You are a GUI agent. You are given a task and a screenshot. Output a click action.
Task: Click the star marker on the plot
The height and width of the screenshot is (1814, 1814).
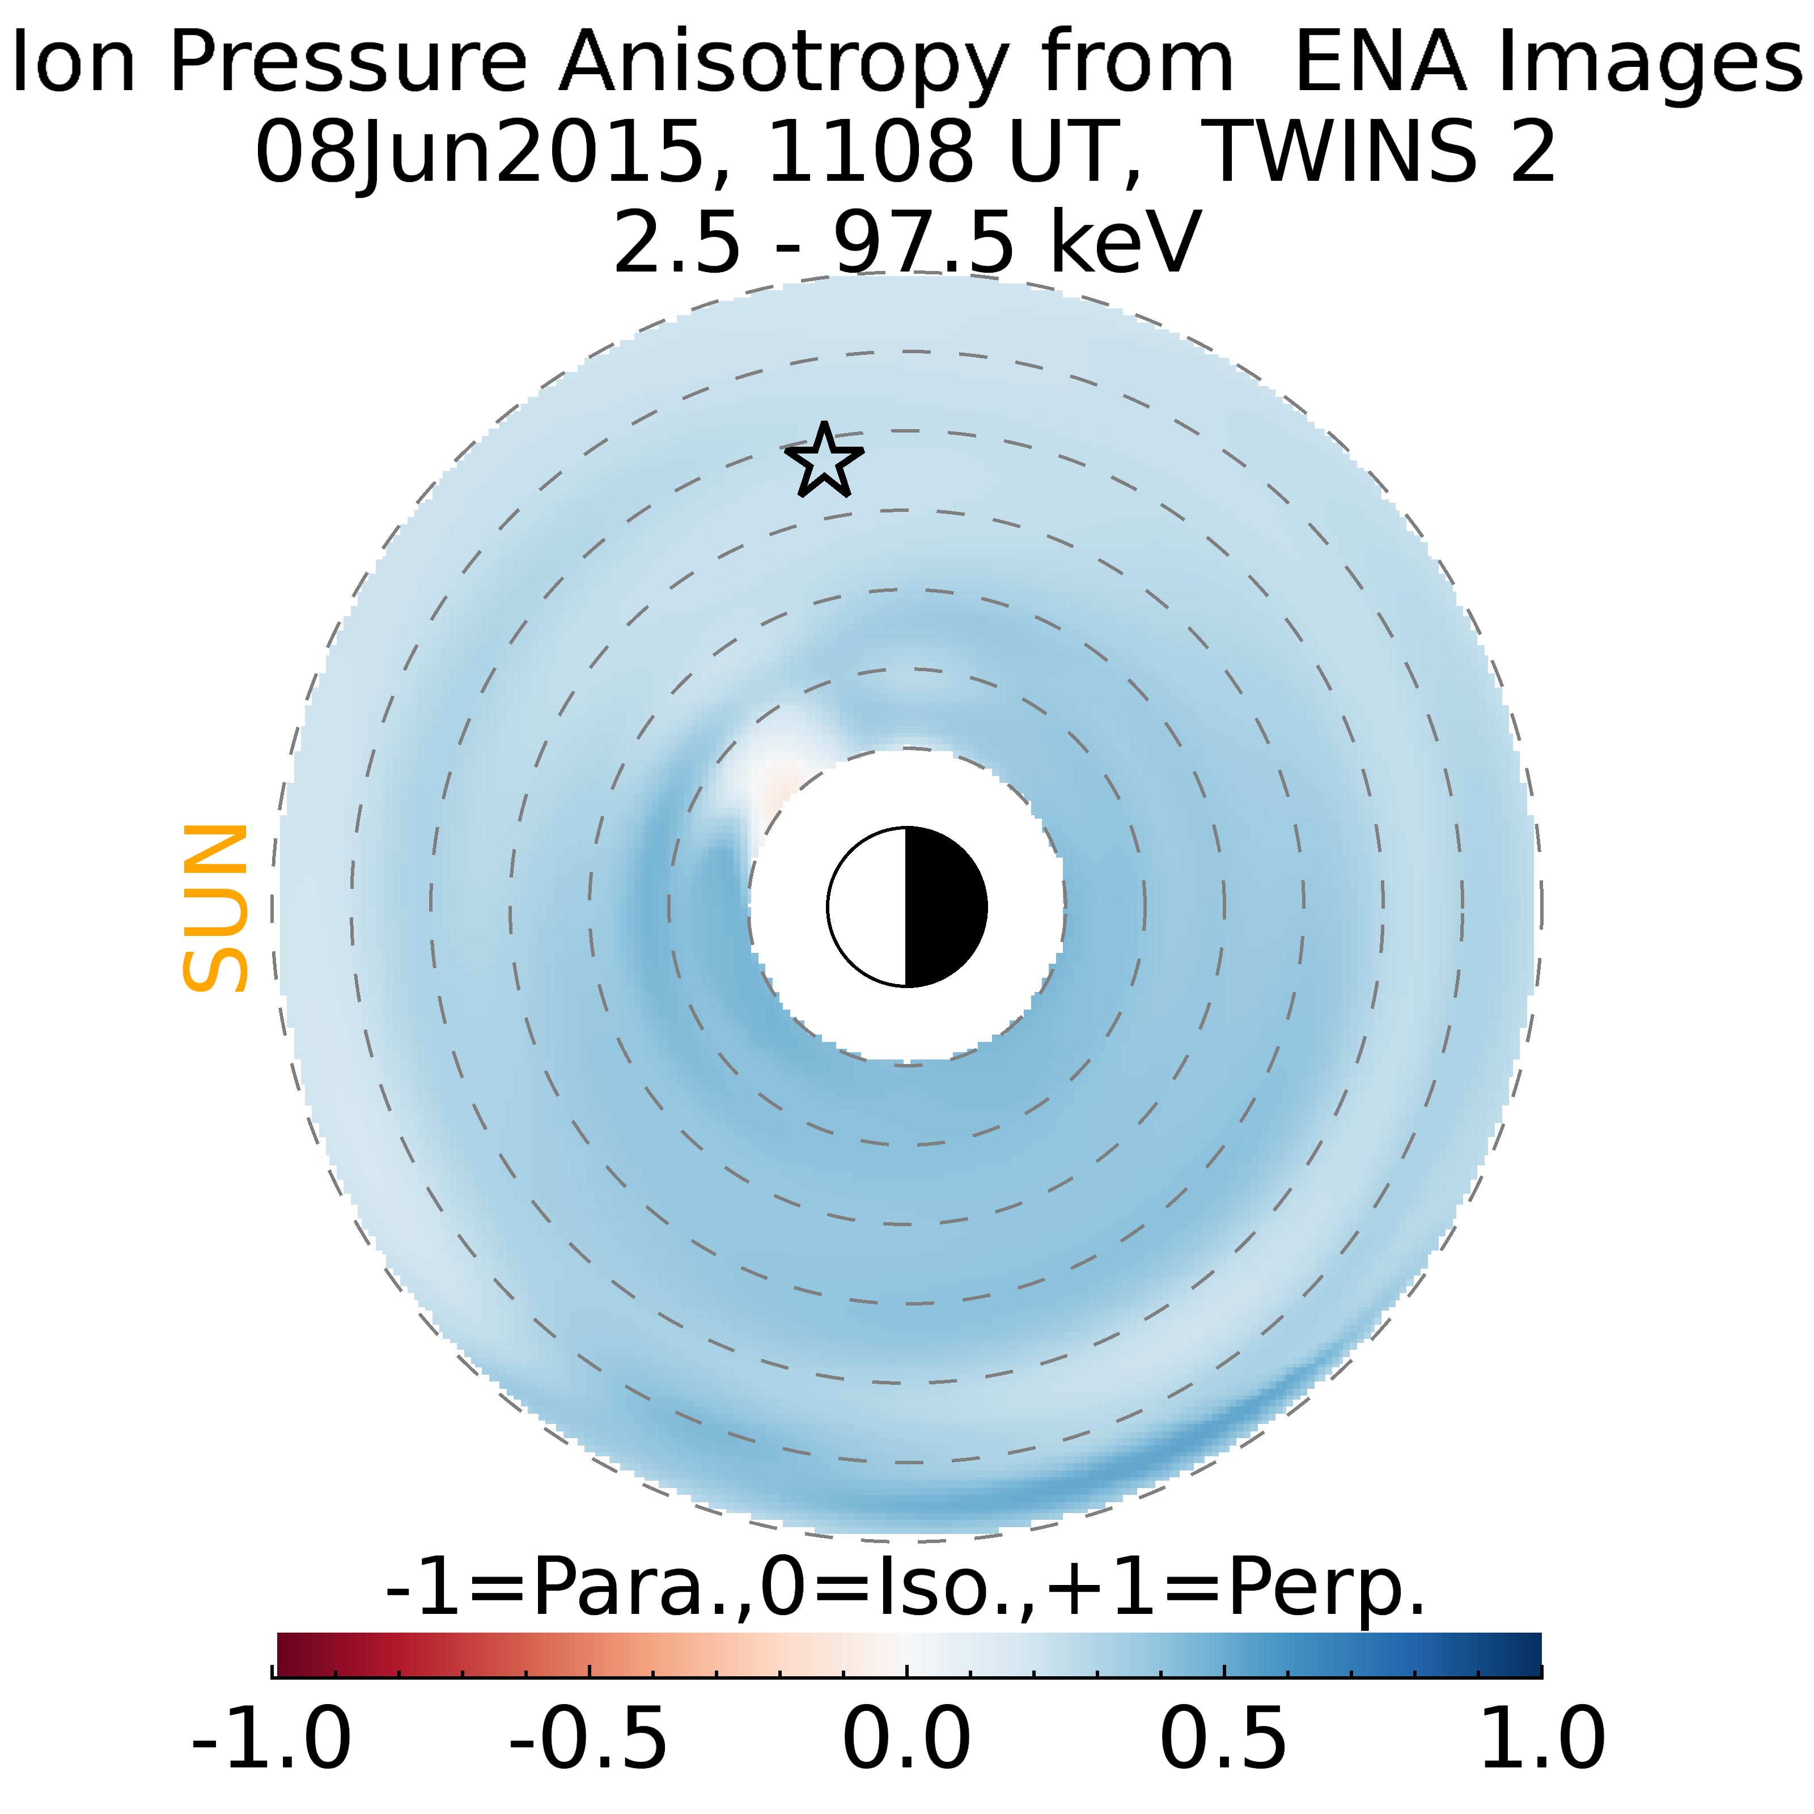click(824, 461)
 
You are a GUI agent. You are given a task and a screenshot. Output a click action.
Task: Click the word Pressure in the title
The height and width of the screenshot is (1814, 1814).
click(347, 64)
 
